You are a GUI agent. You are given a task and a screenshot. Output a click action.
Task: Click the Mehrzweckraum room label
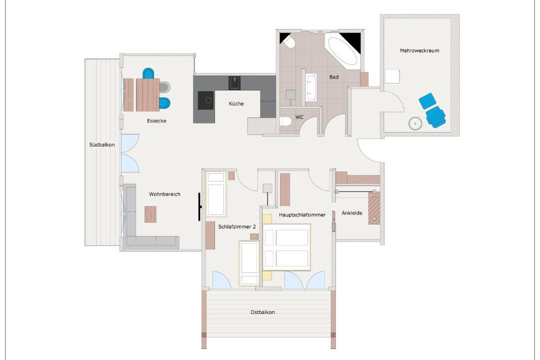[419, 50]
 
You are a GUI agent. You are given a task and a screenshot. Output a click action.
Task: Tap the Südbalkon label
[102, 144]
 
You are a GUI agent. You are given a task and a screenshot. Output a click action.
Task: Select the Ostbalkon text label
[262, 312]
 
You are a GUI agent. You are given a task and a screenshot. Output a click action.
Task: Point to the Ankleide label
[352, 213]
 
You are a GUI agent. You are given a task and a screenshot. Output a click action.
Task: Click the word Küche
[236, 103]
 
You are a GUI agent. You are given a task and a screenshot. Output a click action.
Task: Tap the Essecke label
[156, 120]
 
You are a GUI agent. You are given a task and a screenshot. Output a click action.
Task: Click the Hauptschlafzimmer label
[302, 214]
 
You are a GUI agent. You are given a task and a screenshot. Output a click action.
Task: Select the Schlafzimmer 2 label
[237, 226]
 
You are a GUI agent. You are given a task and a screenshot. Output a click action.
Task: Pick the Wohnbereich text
[164, 194]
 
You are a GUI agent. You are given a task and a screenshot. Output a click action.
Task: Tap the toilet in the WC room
[285, 121]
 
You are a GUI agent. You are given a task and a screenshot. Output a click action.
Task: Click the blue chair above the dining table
[149, 73]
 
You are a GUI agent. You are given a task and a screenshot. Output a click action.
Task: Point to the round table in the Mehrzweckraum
[415, 123]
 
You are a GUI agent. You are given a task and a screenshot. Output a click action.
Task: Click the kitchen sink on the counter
[234, 83]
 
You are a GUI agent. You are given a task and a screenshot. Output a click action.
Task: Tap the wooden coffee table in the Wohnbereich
[150, 214]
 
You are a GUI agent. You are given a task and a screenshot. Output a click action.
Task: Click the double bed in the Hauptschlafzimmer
[287, 247]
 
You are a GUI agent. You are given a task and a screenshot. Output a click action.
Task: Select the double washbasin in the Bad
[311, 87]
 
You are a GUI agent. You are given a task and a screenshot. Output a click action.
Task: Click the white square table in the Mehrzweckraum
[392, 76]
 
